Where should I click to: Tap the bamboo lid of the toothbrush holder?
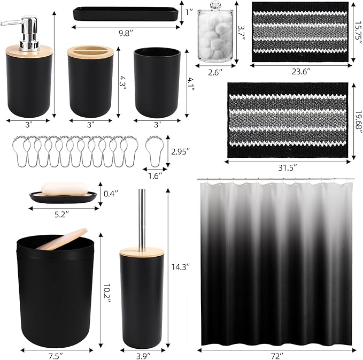[x=89, y=52]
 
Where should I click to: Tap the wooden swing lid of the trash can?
[x=64, y=239]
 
